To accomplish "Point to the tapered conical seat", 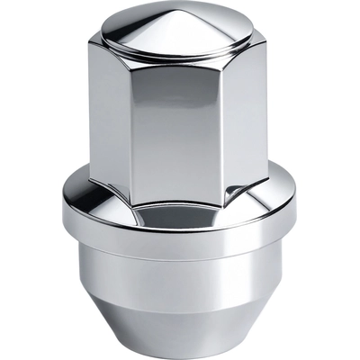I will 180,319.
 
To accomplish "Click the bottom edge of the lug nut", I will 180,353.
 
